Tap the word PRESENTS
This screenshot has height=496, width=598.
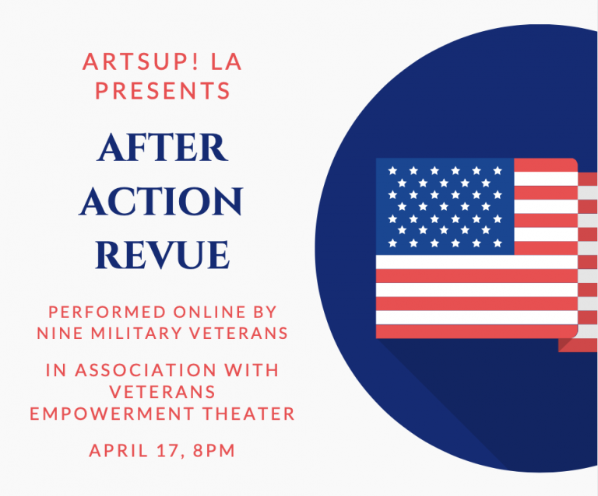(x=163, y=91)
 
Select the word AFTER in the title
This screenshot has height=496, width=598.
(x=162, y=148)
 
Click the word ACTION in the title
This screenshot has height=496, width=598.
(x=162, y=202)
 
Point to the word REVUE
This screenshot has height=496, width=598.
(x=163, y=255)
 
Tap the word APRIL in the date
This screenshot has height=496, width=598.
(x=116, y=450)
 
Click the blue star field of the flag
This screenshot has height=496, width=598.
(x=445, y=206)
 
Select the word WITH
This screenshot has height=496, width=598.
(x=251, y=370)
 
